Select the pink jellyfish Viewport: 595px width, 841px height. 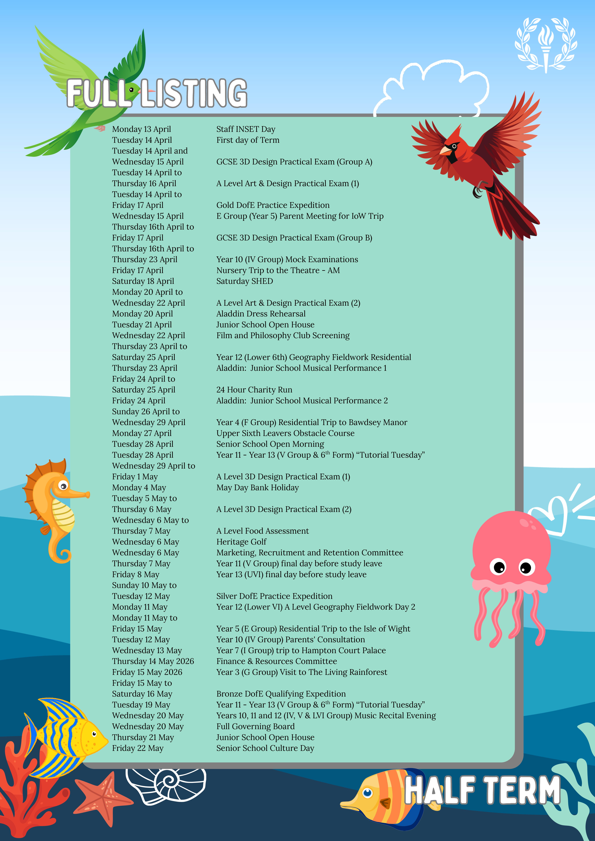point(511,571)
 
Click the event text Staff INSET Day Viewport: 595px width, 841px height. point(246,129)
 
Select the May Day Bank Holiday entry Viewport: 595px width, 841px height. point(257,488)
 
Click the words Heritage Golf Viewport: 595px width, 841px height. point(241,542)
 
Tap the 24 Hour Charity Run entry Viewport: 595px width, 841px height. point(254,390)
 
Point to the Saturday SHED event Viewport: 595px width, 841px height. point(245,281)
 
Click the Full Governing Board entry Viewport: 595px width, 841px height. point(255,726)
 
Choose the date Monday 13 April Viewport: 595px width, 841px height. point(141,129)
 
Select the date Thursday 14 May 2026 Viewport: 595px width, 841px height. point(153,661)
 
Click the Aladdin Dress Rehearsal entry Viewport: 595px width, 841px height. point(261,314)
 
